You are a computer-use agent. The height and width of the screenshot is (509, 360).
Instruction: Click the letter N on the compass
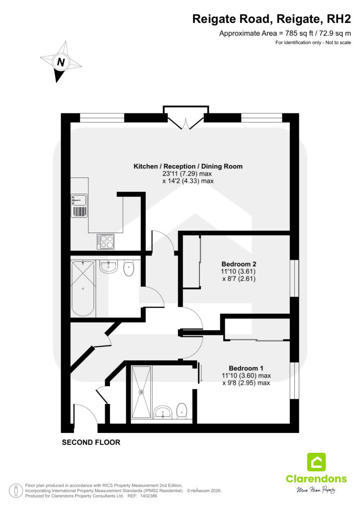pyautogui.click(x=61, y=62)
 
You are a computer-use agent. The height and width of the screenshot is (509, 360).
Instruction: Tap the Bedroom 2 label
pyautogui.click(x=239, y=264)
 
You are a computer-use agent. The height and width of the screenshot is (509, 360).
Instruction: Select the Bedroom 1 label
pyautogui.click(x=246, y=368)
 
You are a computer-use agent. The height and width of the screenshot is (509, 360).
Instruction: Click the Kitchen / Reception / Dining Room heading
pyautogui.click(x=188, y=166)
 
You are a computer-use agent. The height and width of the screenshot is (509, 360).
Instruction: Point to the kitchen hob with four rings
pyautogui.click(x=105, y=242)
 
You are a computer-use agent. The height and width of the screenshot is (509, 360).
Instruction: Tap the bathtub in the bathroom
pyautogui.click(x=83, y=288)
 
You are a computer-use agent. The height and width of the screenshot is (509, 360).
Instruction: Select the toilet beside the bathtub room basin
pyautogui.click(x=129, y=268)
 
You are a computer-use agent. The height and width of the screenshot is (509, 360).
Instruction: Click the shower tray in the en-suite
pyautogui.click(x=141, y=392)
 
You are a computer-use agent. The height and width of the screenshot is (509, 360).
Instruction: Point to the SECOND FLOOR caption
pyautogui.click(x=91, y=442)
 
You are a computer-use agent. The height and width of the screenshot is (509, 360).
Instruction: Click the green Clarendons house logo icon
pyautogui.click(x=316, y=462)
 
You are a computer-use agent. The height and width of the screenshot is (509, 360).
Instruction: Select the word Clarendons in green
pyautogui.click(x=316, y=479)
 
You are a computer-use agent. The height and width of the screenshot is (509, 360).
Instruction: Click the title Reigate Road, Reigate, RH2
pyautogui.click(x=271, y=19)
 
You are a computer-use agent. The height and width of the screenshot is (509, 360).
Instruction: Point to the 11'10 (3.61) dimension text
pyautogui.click(x=239, y=271)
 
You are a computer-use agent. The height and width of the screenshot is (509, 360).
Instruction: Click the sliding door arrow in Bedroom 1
pyautogui.click(x=201, y=373)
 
